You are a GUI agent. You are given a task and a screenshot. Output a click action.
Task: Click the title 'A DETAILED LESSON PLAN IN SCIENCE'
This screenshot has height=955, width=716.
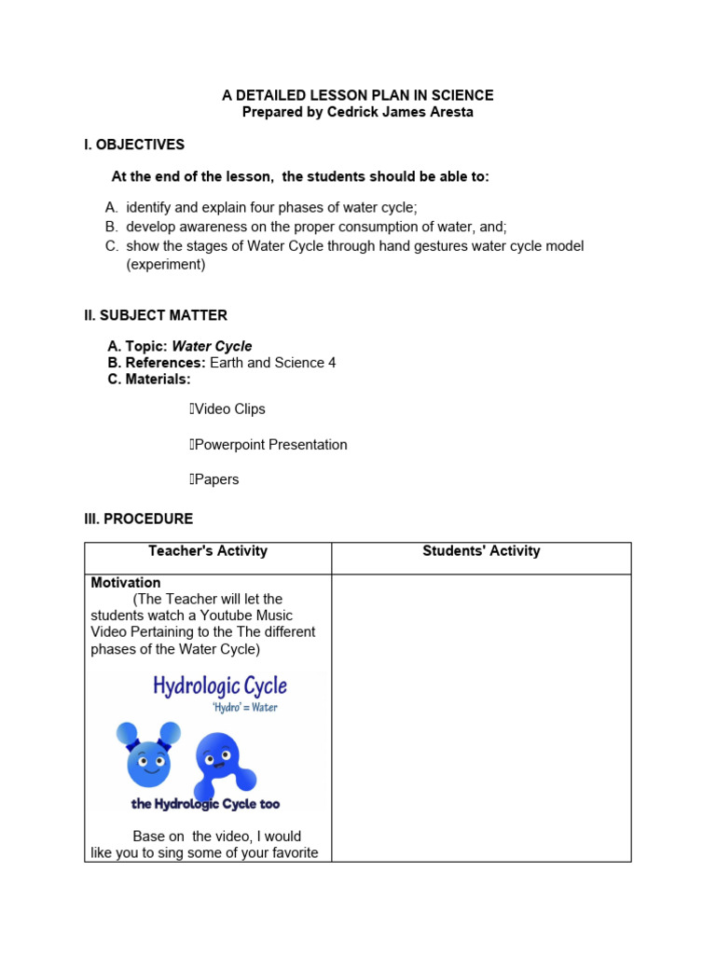point(357,95)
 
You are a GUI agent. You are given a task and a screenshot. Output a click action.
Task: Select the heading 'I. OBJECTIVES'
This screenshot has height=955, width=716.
point(134,145)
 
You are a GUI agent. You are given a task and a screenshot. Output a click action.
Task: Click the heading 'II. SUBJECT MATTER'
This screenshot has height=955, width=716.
point(156,315)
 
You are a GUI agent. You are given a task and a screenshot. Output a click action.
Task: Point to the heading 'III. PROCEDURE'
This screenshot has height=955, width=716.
point(139,519)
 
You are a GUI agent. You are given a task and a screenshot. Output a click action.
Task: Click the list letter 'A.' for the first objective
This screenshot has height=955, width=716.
point(112,207)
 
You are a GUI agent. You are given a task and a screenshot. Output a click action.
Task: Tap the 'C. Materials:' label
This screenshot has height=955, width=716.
point(149,380)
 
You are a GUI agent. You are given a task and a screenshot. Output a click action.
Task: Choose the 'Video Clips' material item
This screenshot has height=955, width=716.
point(229,409)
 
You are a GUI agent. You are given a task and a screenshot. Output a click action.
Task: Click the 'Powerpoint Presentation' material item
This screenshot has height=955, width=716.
point(270,445)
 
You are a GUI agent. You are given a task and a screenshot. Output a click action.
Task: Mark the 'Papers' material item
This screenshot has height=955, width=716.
point(216,479)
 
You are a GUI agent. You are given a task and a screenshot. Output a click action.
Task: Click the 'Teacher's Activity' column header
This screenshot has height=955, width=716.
point(208,551)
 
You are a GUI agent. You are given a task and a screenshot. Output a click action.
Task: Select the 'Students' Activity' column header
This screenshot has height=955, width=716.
point(481,551)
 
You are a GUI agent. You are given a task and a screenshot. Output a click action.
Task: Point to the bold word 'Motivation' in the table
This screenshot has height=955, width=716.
point(126,583)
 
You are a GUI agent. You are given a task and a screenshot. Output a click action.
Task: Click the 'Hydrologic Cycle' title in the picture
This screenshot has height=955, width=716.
point(220,686)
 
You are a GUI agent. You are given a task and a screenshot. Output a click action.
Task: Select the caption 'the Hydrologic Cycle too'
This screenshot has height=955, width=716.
point(205,804)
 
